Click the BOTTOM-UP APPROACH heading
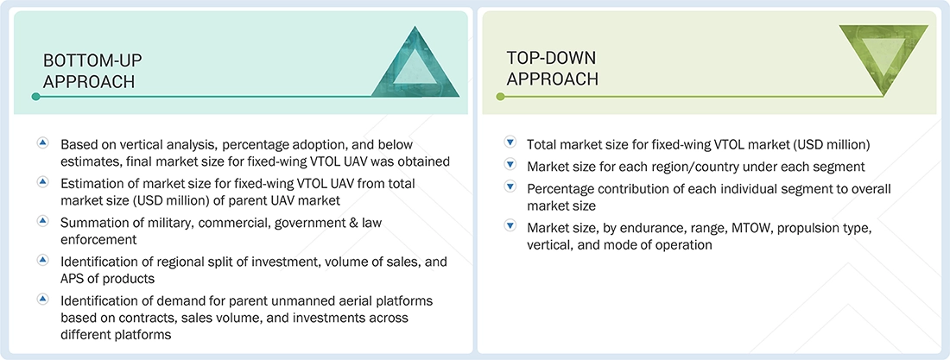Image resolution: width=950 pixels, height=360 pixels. coord(92,71)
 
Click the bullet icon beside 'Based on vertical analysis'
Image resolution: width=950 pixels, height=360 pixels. coord(42,143)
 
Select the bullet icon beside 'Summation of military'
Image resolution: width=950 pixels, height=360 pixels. coord(42,221)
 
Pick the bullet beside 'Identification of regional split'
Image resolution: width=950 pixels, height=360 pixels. coord(42,260)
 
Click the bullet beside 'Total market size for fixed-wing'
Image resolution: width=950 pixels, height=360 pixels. coord(510,143)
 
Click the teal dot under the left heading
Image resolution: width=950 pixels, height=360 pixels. coord(35,97)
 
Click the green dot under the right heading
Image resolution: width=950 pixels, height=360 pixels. coord(500,97)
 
